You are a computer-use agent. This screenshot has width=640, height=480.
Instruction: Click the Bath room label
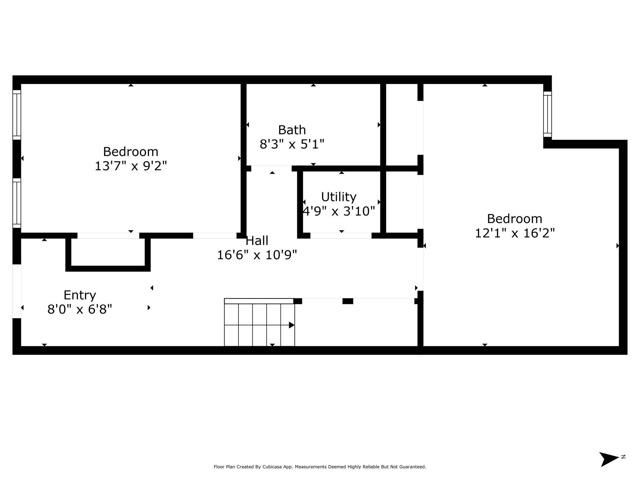(292, 130)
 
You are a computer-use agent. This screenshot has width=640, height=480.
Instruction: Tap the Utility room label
(339, 197)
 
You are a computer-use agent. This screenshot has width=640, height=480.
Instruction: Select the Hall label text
(257, 241)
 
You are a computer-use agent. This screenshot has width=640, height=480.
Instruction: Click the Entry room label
(80, 295)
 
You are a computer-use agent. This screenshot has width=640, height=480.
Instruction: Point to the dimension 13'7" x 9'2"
(131, 166)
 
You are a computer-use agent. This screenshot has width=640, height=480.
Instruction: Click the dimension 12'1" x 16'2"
(515, 233)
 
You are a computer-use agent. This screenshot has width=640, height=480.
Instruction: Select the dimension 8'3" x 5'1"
(292, 144)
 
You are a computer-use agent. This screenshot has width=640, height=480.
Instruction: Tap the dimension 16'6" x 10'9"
(257, 255)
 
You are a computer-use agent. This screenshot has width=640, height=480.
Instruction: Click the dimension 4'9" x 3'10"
(339, 211)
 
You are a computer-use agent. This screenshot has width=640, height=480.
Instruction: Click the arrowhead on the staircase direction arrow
(292, 325)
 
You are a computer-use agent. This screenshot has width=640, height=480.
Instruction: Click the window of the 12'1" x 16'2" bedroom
(547, 114)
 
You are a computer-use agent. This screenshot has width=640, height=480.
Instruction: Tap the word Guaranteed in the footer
(412, 467)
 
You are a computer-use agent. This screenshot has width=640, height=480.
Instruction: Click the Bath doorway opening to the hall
(271, 168)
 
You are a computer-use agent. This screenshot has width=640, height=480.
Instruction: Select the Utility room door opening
(341, 236)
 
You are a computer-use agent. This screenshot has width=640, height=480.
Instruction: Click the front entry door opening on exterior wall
(17, 291)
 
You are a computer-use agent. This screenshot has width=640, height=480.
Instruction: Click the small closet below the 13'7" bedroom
(108, 252)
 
